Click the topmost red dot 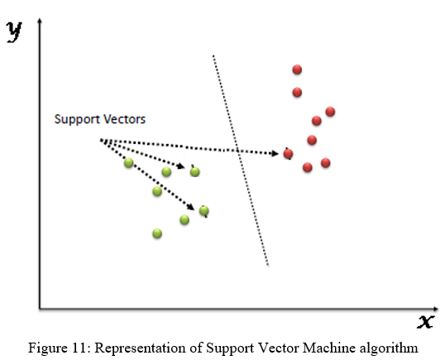coord(297,70)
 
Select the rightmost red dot coord(330,112)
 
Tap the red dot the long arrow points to coord(288,154)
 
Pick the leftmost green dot coord(128,163)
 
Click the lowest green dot coord(157,233)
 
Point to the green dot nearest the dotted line coord(204,211)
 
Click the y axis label coord(14,31)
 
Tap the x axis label coord(426,322)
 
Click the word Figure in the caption coord(46,348)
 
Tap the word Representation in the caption coord(140,348)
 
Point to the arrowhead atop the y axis coord(40,21)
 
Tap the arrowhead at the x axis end coord(435,309)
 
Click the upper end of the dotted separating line coord(213,55)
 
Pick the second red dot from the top coord(297,92)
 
